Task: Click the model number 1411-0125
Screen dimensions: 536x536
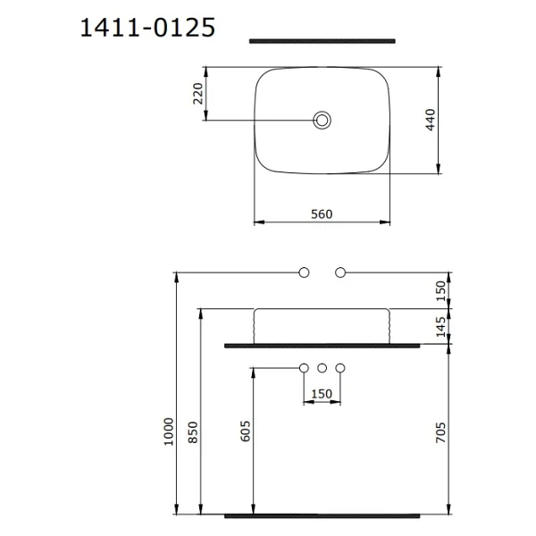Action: pyautogui.click(x=147, y=28)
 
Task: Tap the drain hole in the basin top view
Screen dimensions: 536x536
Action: pyautogui.click(x=322, y=120)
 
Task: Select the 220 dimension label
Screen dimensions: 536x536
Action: pyautogui.click(x=198, y=93)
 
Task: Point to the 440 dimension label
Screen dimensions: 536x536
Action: pyautogui.click(x=431, y=120)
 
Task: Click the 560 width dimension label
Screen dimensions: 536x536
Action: pyautogui.click(x=322, y=214)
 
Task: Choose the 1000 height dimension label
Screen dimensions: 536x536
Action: pyautogui.click(x=169, y=431)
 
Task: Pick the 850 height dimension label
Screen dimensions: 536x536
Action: pyautogui.click(x=193, y=432)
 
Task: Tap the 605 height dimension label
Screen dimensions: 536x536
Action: pyautogui.click(x=245, y=431)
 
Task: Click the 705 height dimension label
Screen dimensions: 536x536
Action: pyautogui.click(x=441, y=432)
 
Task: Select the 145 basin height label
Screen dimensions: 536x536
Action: pyautogui.click(x=441, y=326)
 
